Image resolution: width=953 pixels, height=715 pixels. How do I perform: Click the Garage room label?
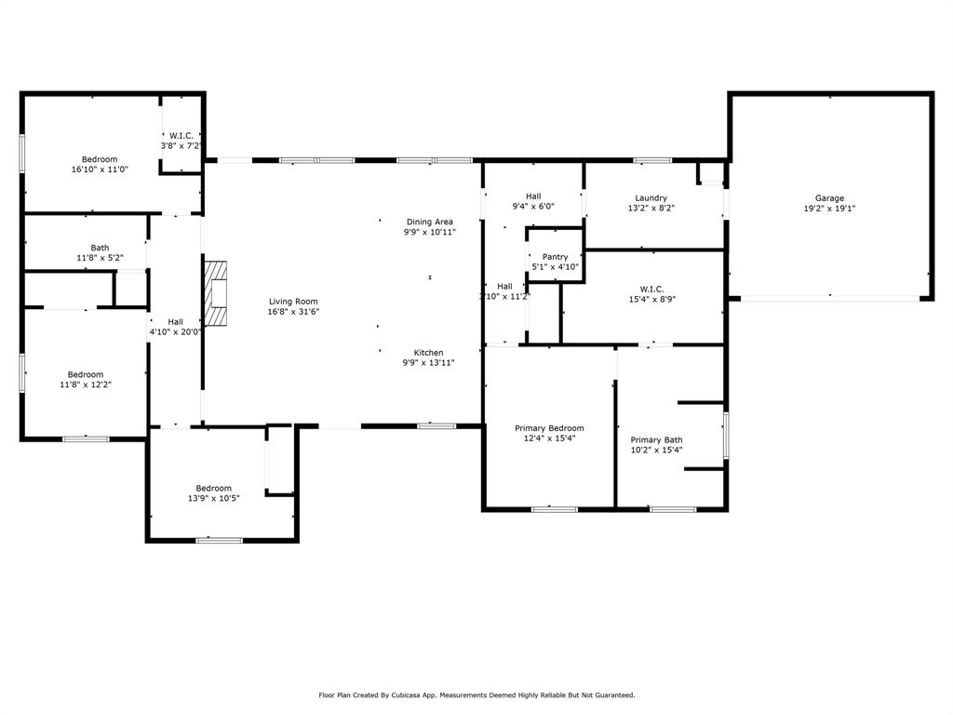click(x=829, y=197)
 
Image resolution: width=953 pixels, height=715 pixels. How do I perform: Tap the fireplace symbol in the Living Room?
click(x=216, y=293)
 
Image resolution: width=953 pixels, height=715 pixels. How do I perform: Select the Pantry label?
click(x=555, y=256)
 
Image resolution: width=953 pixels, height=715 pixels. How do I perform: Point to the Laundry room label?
click(x=651, y=197)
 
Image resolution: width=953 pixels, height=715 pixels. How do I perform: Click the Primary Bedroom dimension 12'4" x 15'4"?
click(x=549, y=438)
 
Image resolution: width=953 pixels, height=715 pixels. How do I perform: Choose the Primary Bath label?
click(x=656, y=439)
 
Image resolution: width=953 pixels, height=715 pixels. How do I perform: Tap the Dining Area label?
click(x=429, y=222)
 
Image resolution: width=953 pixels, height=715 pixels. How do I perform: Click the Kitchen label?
click(x=428, y=352)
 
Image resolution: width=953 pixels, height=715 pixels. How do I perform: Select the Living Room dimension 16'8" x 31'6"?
click(x=293, y=312)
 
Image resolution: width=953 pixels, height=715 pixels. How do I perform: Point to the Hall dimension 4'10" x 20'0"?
click(x=175, y=331)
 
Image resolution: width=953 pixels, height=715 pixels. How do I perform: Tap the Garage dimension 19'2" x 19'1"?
click(x=829, y=209)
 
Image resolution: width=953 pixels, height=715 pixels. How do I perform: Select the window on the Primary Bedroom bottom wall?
click(x=554, y=509)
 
